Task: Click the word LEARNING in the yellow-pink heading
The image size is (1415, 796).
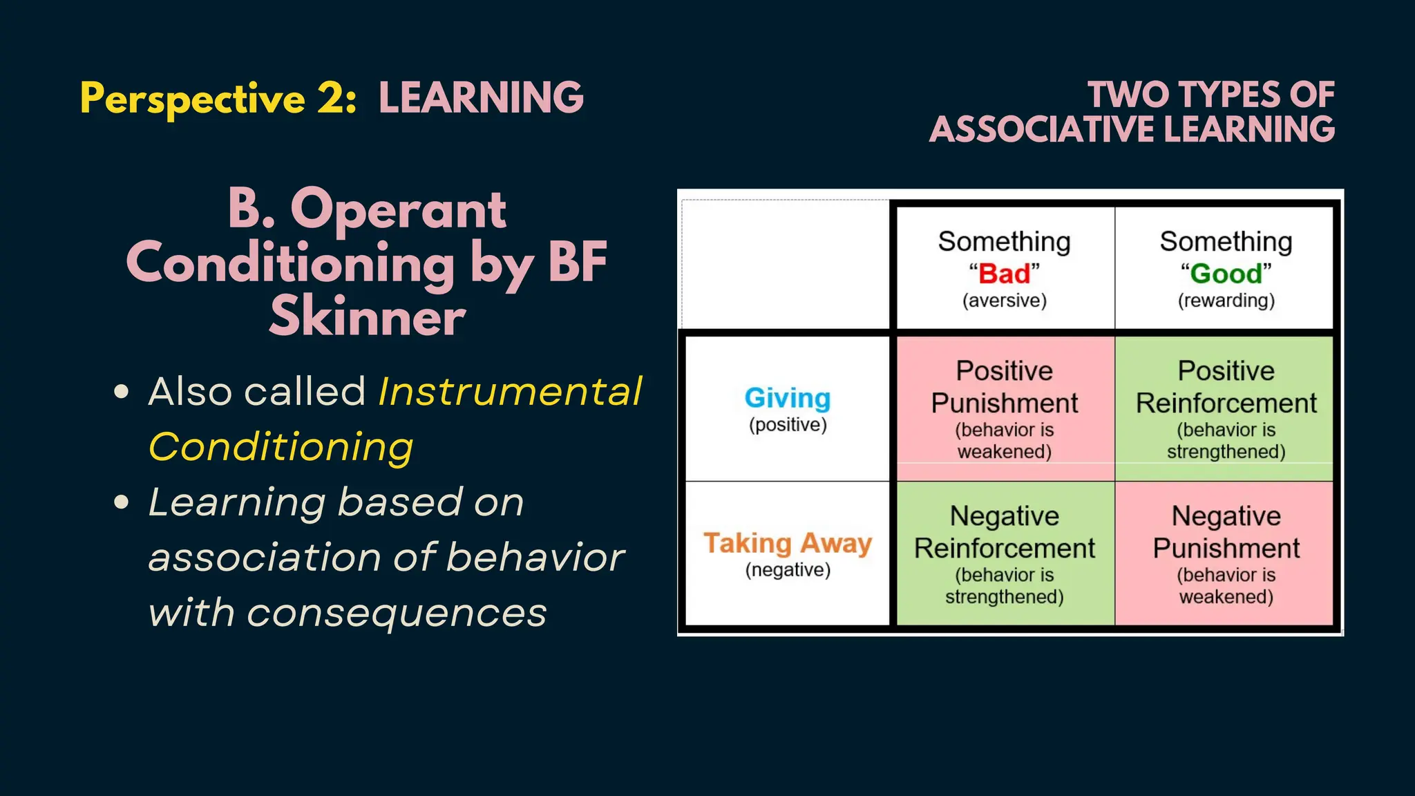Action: click(x=481, y=97)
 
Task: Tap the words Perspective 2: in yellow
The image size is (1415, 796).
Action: click(x=218, y=99)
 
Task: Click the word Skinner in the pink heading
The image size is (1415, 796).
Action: click(x=368, y=317)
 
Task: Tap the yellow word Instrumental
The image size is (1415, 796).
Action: click(x=510, y=392)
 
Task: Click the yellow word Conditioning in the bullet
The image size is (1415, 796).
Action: click(x=281, y=447)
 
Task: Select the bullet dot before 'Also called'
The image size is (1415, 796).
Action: click(x=122, y=392)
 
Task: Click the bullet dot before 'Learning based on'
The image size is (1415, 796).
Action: click(x=122, y=502)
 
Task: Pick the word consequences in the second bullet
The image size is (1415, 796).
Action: click(x=397, y=613)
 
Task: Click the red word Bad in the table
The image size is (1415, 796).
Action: click(x=1004, y=274)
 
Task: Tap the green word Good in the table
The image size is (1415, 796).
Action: click(x=1226, y=274)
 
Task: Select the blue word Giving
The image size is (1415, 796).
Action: click(x=788, y=398)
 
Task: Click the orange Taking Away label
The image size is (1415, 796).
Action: click(x=788, y=543)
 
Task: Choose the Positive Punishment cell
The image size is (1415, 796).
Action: click(x=1005, y=408)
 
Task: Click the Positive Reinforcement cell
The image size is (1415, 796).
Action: click(x=1226, y=408)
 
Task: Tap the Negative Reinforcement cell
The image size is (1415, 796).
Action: click(x=1005, y=553)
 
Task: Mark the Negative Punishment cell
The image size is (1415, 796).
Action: click(x=1226, y=553)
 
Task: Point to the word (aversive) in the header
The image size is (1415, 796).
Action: click(x=1005, y=301)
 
